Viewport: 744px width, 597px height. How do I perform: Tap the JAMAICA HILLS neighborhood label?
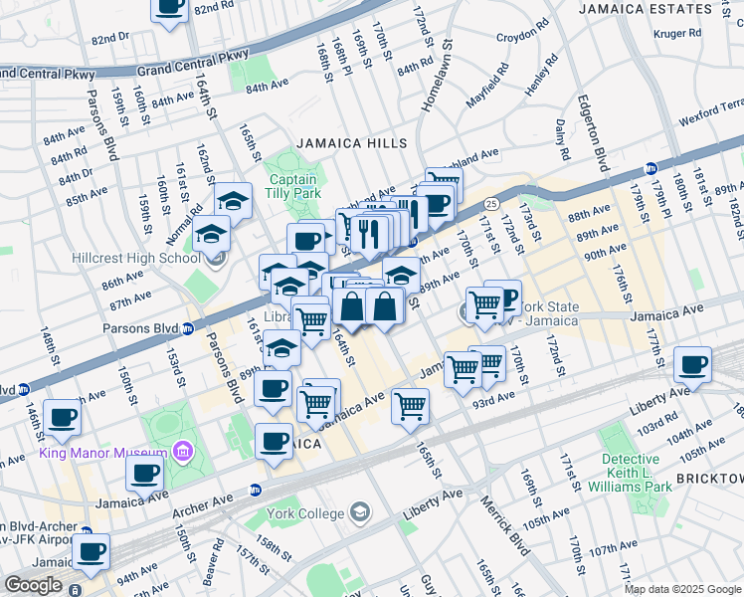tap(351, 143)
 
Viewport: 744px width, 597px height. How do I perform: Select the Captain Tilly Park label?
tap(293, 186)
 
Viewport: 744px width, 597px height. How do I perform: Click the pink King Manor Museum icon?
tap(181, 454)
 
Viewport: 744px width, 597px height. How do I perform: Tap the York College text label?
tap(303, 513)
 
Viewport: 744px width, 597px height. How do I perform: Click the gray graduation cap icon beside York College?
tap(360, 513)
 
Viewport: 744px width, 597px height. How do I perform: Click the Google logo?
tap(33, 585)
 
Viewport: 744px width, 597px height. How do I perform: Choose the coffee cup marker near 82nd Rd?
tap(170, 6)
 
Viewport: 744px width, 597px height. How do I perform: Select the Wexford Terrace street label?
tap(711, 109)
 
